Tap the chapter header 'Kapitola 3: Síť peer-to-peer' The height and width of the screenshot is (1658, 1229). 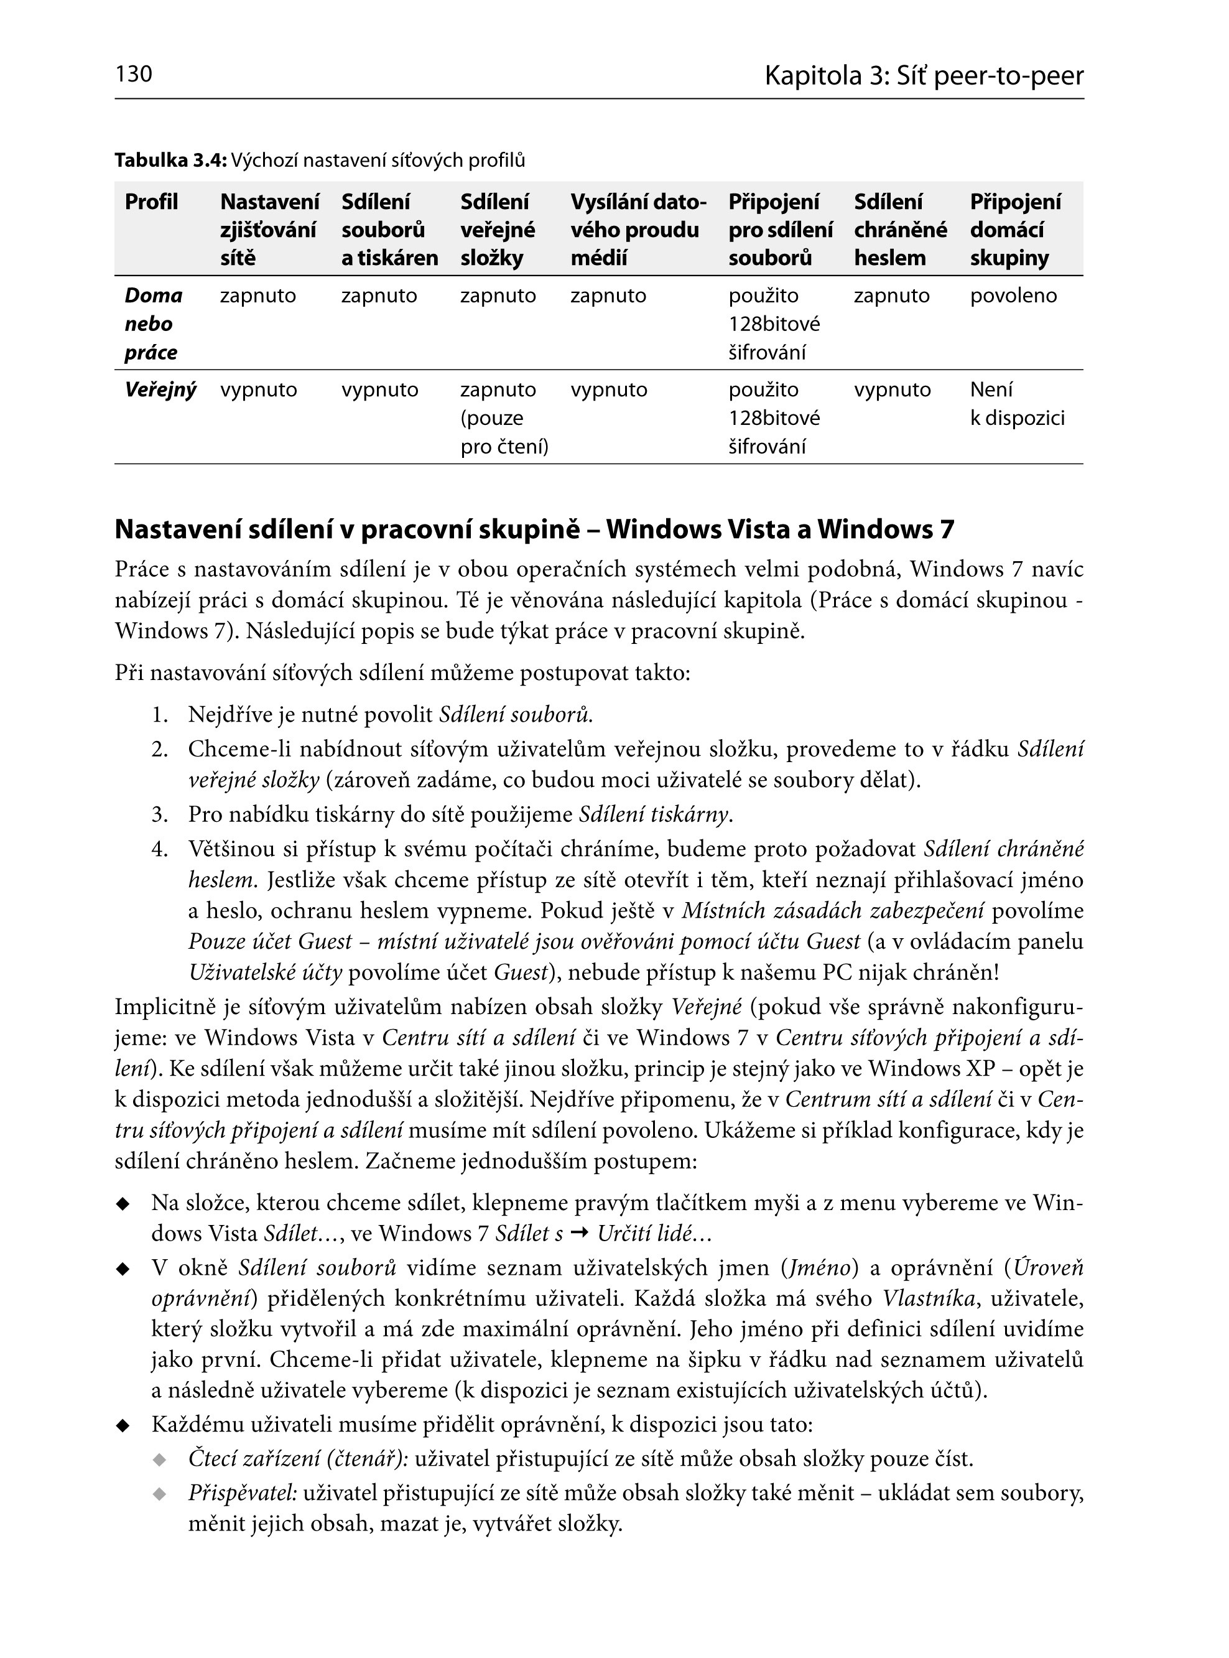pyautogui.click(x=924, y=76)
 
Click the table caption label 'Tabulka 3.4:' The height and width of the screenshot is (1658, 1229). pyautogui.click(x=170, y=160)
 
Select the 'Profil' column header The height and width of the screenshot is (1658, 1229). pyautogui.click(x=152, y=202)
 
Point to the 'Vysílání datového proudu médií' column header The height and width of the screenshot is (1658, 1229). pyautogui.click(x=638, y=230)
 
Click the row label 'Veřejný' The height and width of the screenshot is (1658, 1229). pyautogui.click(x=160, y=390)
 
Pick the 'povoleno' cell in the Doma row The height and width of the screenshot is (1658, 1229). pyautogui.click(x=1013, y=296)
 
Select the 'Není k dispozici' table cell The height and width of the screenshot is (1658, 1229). pyautogui.click(x=1017, y=404)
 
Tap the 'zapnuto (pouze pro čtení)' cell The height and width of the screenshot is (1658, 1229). pyautogui.click(x=504, y=418)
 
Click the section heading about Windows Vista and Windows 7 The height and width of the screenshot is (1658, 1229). pyautogui.click(x=534, y=530)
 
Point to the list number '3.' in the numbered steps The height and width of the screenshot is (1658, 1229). pyautogui.click(x=160, y=815)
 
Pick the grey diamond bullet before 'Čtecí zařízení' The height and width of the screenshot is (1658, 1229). pyautogui.click(x=159, y=1460)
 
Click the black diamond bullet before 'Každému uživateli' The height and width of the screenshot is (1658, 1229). pyautogui.click(x=123, y=1427)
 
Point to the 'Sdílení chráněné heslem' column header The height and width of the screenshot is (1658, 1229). pyautogui.click(x=900, y=230)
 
